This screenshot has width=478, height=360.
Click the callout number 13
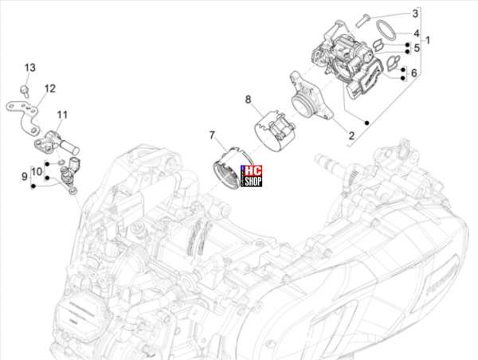pyautogui.click(x=30, y=68)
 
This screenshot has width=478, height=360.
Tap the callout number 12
pyautogui.click(x=50, y=88)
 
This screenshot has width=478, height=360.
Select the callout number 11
pyautogui.click(x=62, y=115)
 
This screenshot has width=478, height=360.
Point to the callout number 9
pyautogui.click(x=25, y=176)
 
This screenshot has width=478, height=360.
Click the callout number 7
pyautogui.click(x=212, y=135)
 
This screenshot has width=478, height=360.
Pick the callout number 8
pyautogui.click(x=248, y=100)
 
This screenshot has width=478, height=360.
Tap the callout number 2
pyautogui.click(x=351, y=135)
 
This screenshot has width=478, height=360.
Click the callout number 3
pyautogui.click(x=415, y=14)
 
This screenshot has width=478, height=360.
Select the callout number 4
pyautogui.click(x=417, y=33)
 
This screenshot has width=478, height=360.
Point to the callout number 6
pyautogui.click(x=413, y=72)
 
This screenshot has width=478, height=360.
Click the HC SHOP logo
pyautogui.click(x=252, y=176)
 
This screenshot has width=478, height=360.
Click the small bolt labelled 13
pyautogui.click(x=25, y=91)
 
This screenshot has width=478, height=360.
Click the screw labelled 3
pyautogui.click(x=363, y=20)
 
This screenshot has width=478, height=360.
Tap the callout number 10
pyautogui.click(x=37, y=171)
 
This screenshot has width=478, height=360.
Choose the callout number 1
pyautogui.click(x=427, y=40)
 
